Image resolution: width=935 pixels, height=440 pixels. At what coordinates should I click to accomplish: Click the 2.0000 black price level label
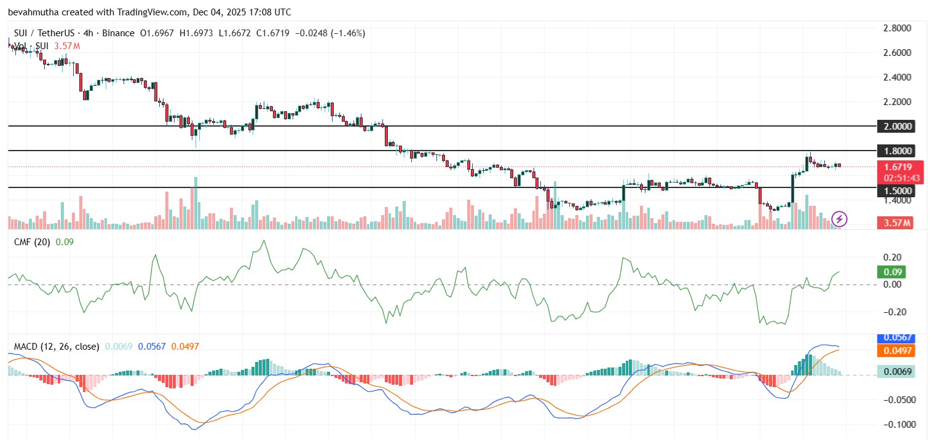(x=896, y=126)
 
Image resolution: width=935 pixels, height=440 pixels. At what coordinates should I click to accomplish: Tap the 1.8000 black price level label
(x=896, y=151)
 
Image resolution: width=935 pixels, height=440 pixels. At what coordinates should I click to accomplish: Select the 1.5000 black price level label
(x=896, y=191)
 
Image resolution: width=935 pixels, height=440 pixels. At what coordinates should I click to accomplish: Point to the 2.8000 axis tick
(x=897, y=28)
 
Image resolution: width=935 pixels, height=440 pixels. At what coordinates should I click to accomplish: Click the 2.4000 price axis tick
(x=897, y=77)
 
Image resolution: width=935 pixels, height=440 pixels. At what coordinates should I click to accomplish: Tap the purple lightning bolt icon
(x=839, y=219)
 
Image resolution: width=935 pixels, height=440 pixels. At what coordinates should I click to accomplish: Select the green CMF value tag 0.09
(x=893, y=272)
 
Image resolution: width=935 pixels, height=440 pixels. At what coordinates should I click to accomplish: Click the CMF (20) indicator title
(x=32, y=242)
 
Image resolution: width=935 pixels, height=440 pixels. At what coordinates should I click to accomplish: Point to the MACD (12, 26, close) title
(x=57, y=347)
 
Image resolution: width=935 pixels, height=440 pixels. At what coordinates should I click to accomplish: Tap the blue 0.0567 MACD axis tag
(x=896, y=338)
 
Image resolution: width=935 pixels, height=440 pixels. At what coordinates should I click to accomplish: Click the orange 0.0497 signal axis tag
(x=896, y=350)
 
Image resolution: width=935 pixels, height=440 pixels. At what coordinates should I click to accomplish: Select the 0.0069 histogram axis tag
(x=896, y=371)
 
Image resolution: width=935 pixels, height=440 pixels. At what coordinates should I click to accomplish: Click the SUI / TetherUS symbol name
(x=44, y=33)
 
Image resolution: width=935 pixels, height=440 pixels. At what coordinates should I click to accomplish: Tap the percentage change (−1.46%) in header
(x=348, y=33)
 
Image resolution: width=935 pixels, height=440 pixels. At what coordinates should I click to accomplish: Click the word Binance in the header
(x=118, y=33)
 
